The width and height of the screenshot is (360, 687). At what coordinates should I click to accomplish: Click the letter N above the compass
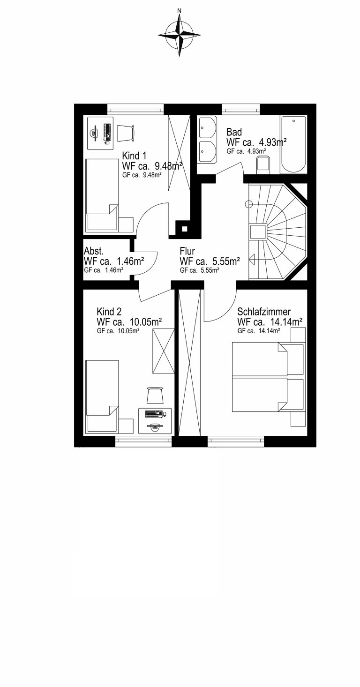coord(180,11)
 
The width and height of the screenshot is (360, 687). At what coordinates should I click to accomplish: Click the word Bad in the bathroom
coord(234,132)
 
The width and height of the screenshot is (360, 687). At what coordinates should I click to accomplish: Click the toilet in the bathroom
coord(263,164)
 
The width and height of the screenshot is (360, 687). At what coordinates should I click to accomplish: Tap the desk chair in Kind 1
coord(126,133)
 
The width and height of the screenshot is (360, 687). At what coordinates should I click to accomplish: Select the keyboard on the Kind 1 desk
coord(107,133)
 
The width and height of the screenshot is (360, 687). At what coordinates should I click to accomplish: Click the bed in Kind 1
coord(102,195)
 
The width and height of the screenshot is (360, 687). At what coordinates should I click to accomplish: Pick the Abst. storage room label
coord(94,251)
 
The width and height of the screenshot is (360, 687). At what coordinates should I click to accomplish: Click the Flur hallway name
coord(187,251)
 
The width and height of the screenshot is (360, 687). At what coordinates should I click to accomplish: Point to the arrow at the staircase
coord(252,260)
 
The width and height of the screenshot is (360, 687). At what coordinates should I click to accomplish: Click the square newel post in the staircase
coord(258,231)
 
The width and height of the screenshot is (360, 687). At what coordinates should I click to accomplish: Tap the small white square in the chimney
coord(184,229)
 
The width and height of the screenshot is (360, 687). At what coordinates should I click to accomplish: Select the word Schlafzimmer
coord(264,312)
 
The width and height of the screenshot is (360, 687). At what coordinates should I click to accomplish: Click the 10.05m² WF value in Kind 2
coord(146,322)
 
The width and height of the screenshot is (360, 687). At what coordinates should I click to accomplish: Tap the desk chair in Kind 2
coord(155,396)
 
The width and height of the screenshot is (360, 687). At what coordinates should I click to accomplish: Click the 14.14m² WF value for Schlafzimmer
coord(287,322)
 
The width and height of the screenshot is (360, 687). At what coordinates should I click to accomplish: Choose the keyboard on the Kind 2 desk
coord(153,414)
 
